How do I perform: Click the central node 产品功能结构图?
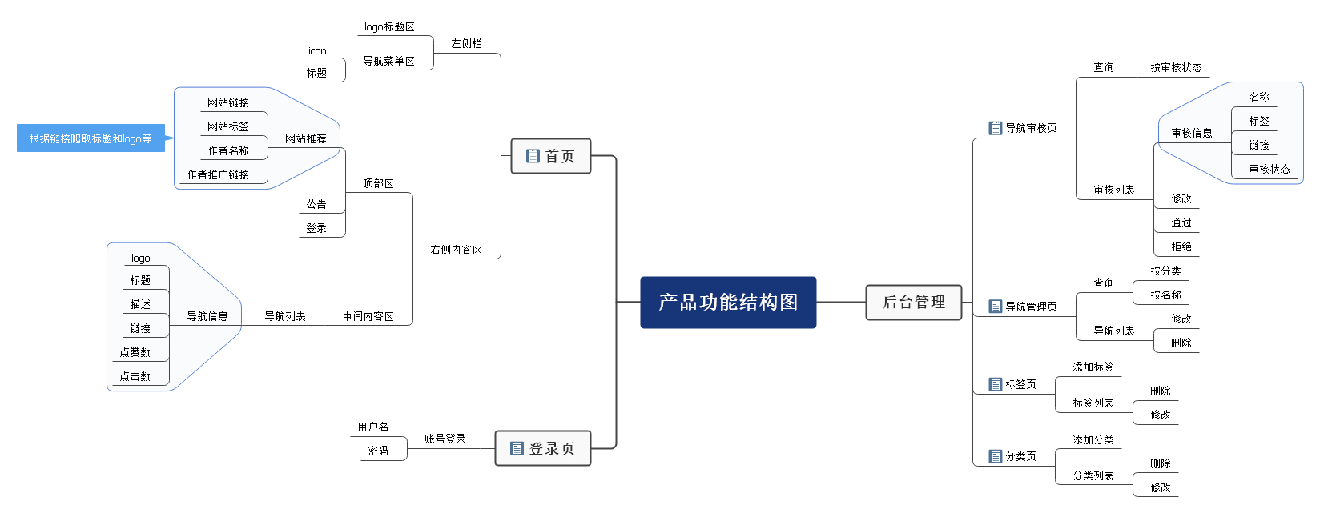(728, 303)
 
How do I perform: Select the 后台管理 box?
(914, 303)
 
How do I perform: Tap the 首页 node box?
(551, 156)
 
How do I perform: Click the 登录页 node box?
(543, 448)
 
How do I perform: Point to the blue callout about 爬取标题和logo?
(91, 138)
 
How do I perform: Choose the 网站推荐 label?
(306, 138)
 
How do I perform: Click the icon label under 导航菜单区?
(317, 51)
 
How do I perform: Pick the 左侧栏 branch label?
(466, 44)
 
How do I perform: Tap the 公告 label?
(316, 205)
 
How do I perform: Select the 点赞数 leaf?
(135, 352)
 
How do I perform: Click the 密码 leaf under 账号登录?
(378, 451)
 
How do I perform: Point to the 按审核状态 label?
(1176, 68)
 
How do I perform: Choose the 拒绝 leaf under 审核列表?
(1181, 247)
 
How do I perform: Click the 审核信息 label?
(1191, 134)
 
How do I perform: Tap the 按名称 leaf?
(1165, 295)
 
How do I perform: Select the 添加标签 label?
(1093, 367)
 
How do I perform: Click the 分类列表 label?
(1093, 476)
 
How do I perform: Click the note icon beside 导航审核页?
(996, 128)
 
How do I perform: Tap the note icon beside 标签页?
(996, 384)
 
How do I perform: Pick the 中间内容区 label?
(368, 317)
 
